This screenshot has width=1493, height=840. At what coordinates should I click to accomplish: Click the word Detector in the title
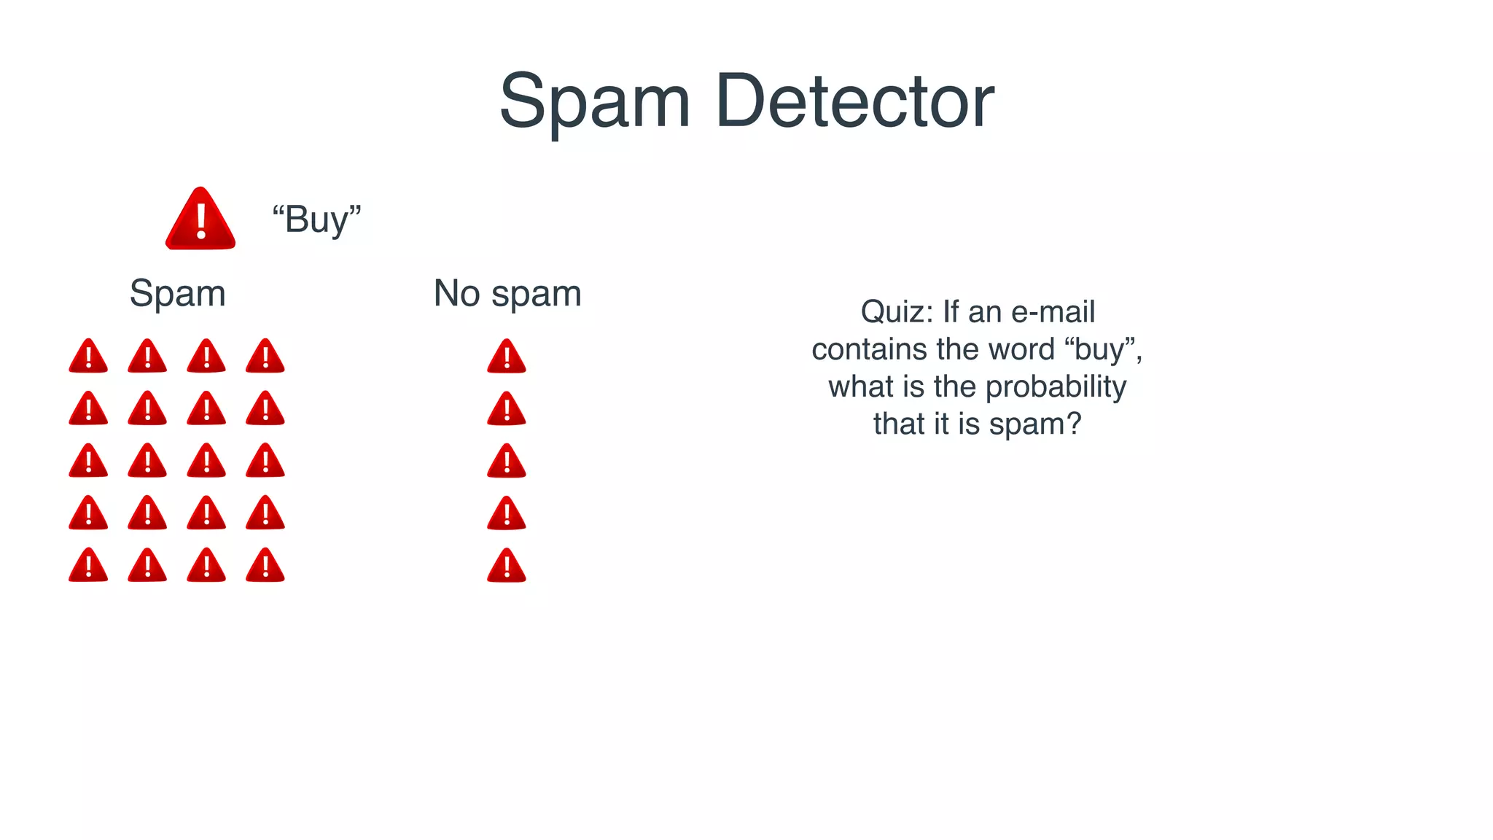point(854,101)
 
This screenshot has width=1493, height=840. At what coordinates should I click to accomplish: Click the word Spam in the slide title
point(594,103)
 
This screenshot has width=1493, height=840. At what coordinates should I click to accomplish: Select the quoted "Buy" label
point(316,219)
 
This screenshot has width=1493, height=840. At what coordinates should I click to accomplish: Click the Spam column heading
point(177,294)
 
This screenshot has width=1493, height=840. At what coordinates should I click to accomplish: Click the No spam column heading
point(507,294)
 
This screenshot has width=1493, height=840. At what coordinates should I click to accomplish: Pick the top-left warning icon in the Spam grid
point(88,357)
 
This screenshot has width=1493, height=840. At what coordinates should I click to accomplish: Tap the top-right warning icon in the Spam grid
point(265,357)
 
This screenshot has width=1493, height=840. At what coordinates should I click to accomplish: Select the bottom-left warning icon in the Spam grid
point(88,566)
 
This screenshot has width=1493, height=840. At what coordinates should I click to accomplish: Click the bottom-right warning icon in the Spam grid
point(265,566)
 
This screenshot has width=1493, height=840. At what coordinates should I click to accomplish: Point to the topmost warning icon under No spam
point(507,357)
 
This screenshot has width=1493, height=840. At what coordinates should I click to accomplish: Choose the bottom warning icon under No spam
point(507,567)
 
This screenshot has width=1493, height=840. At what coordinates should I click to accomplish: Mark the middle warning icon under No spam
point(507,462)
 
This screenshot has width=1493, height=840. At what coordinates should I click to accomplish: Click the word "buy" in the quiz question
point(1103,349)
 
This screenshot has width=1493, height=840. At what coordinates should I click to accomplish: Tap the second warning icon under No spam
point(507,409)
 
